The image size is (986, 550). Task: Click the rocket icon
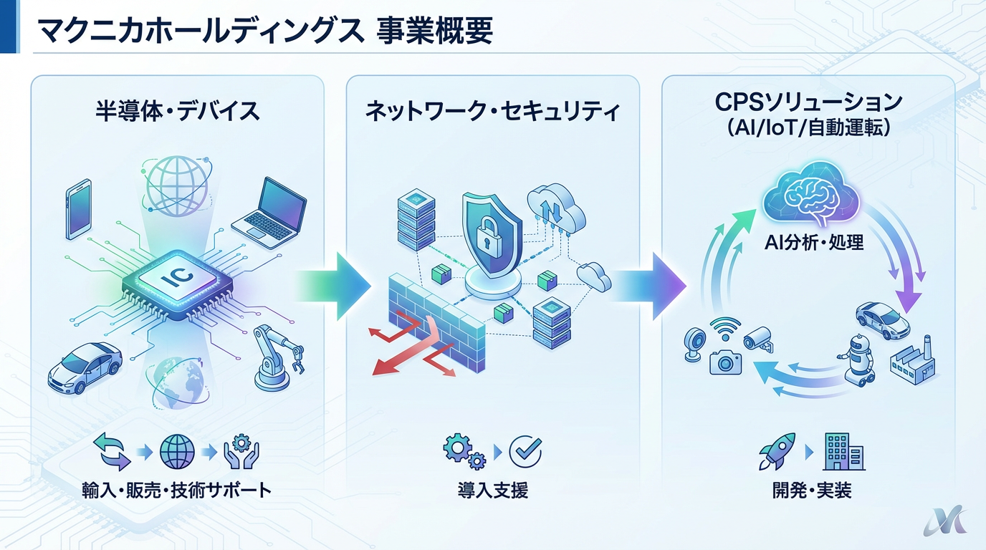coord(777,451)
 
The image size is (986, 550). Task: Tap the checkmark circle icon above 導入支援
coord(525,451)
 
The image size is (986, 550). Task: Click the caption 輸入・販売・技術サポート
coord(177,491)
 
